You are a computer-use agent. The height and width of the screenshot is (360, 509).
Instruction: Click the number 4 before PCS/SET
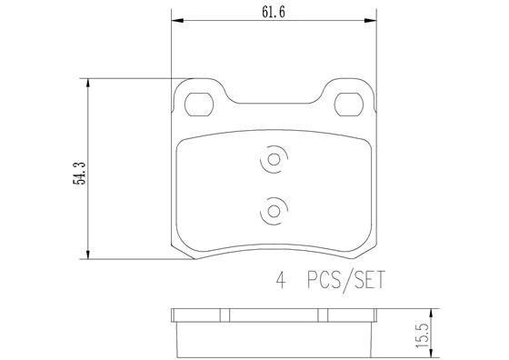click(282, 282)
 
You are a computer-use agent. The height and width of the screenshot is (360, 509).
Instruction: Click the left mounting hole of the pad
click(195, 104)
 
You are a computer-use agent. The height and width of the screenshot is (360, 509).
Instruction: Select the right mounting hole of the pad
click(348, 104)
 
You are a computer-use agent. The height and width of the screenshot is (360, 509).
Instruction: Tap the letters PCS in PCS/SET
click(323, 282)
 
